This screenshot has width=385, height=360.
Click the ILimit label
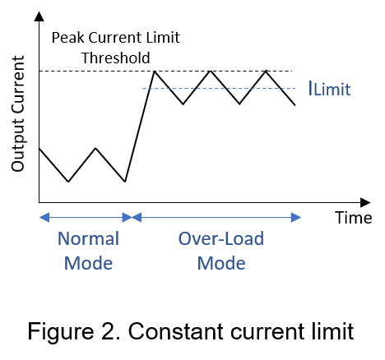pos(330,89)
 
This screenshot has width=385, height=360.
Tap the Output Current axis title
pos(18,114)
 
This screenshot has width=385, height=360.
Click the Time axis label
pos(354,218)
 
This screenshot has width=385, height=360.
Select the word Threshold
pos(116,58)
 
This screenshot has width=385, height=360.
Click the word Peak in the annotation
pos(68,38)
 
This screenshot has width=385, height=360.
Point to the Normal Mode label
pos(89,251)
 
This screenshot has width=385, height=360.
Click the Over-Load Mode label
pos(221,251)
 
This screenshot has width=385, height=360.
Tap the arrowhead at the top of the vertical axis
pos(39,16)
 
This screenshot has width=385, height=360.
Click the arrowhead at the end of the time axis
pos(365,202)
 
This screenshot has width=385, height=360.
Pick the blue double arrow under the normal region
pos(86,218)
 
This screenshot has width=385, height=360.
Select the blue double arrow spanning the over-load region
pos(216,218)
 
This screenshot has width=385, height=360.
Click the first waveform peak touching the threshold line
pos(155,72)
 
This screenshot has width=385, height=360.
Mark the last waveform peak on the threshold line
pos(266,71)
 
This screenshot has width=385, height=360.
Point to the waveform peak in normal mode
pos(95,148)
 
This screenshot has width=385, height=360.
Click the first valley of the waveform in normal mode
pos(68,182)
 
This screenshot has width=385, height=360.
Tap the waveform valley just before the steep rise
pos(125,182)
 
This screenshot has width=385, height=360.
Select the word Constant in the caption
pos(176,331)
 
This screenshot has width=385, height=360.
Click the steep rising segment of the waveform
pos(140,127)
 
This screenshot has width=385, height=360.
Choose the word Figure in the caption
pos(61,332)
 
